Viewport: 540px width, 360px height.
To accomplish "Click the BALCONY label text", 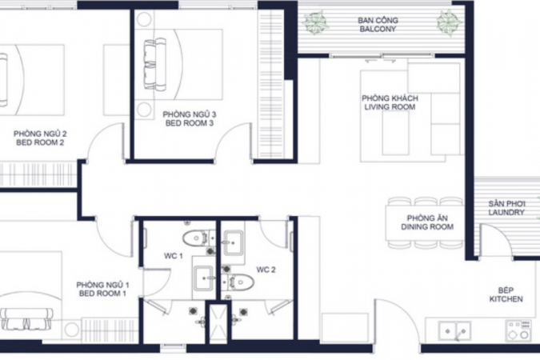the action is click(378, 29).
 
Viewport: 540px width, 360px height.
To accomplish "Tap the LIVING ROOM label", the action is click(390, 106).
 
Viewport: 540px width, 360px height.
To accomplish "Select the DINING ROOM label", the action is click(427, 226).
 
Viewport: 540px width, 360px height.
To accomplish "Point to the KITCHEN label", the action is click(506, 298).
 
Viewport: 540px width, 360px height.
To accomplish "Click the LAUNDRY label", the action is click(506, 212).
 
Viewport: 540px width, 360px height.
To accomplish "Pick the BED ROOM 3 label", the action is click(190, 123).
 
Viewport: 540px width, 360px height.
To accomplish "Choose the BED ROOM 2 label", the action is click(40, 142).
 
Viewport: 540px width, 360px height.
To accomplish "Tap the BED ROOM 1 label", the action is click(102, 294).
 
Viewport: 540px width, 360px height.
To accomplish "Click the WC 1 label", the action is click(174, 256).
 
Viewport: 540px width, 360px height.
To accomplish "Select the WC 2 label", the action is click(266, 270).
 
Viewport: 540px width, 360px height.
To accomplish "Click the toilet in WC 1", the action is click(196, 238).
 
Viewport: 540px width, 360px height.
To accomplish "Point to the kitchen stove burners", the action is click(518, 330).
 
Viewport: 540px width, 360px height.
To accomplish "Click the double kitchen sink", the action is click(455, 330).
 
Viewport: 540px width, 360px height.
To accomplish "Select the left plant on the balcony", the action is click(314, 22).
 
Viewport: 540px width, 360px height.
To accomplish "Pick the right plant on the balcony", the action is click(450, 22).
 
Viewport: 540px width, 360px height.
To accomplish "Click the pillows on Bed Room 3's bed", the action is click(155, 64).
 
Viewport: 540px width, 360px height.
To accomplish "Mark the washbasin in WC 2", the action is click(234, 243).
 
